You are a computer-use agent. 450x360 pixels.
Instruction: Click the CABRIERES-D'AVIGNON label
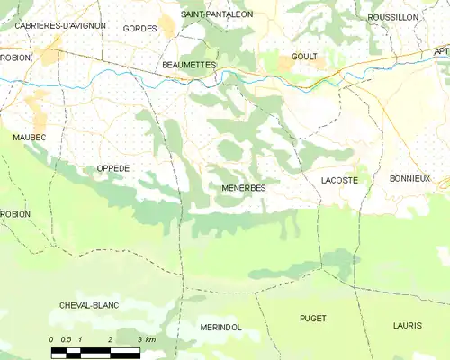pyautogui.click(x=60, y=26)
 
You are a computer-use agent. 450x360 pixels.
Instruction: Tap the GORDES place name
pyautogui.click(x=139, y=29)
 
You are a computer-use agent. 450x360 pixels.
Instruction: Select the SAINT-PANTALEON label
pyautogui.click(x=217, y=14)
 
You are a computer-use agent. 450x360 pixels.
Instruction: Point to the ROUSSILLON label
pyautogui.click(x=393, y=17)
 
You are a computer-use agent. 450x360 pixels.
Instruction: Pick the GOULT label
pyautogui.click(x=304, y=57)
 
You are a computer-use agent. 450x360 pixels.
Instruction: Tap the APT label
pyautogui.click(x=440, y=51)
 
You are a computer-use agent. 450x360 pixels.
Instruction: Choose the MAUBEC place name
pyautogui.click(x=29, y=137)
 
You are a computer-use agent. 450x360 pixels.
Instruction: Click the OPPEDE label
pyautogui.click(x=113, y=168)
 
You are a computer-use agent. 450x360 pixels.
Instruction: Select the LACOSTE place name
pyautogui.click(x=339, y=181)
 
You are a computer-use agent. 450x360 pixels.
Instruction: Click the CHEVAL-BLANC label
pyautogui.click(x=90, y=305)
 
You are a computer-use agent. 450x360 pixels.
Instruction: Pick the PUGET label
pyautogui.click(x=312, y=319)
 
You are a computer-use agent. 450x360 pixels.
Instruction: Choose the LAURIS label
pyautogui.click(x=408, y=323)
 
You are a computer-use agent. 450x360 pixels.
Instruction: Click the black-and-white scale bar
pyautogui.click(x=95, y=352)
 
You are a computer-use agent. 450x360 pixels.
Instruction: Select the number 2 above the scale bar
pyautogui.click(x=110, y=339)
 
